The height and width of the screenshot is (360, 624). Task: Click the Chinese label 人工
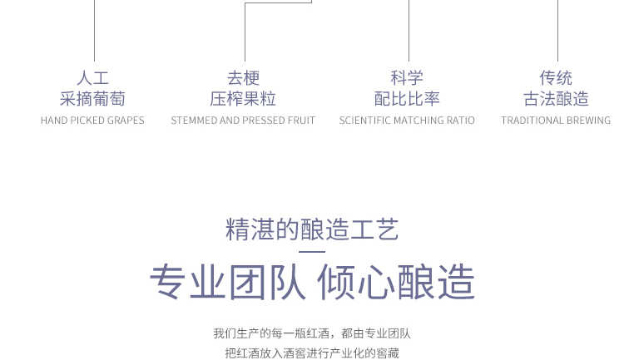click(x=92, y=78)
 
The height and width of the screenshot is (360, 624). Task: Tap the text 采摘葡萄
click(x=92, y=99)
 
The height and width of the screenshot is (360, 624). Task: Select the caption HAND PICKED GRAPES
click(x=92, y=120)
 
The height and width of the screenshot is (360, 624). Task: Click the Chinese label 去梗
click(x=243, y=78)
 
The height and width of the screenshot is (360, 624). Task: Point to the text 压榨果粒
click(x=243, y=99)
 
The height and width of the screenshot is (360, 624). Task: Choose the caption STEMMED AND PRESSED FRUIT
click(x=243, y=120)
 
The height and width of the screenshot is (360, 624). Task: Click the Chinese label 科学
click(x=407, y=78)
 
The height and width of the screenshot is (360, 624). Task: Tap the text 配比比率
click(x=407, y=99)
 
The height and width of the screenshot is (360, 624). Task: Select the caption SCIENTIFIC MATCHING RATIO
click(x=407, y=120)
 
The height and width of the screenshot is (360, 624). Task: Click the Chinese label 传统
click(x=556, y=78)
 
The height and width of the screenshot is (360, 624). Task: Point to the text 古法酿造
click(x=556, y=99)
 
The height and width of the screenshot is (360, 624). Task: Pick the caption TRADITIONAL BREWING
click(x=556, y=120)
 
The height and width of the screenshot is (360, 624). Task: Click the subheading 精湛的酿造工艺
click(x=312, y=229)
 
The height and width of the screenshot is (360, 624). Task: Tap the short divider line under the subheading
click(x=312, y=251)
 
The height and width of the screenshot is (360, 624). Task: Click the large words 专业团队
click(x=228, y=282)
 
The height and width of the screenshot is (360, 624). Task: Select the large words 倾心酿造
click(x=396, y=282)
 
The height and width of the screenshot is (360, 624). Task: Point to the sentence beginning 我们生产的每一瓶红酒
click(x=312, y=333)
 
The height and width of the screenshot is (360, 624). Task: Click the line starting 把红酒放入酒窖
click(x=312, y=353)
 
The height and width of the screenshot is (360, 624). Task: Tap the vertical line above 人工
click(x=94, y=31)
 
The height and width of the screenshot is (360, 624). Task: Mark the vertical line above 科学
click(x=409, y=31)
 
